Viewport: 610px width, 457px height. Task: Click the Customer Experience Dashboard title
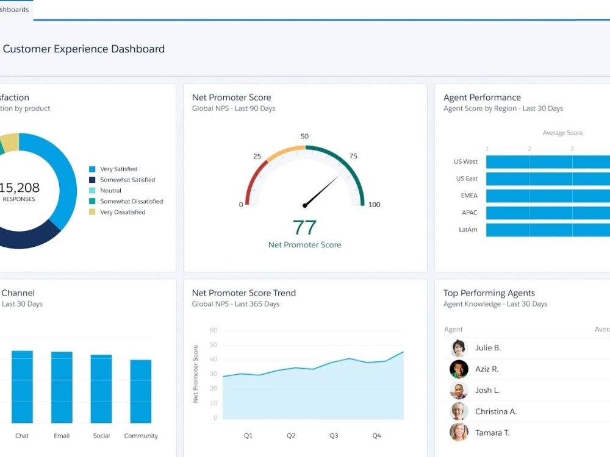click(x=84, y=49)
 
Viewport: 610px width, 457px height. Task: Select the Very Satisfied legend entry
click(x=118, y=169)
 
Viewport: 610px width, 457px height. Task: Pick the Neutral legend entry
click(x=110, y=191)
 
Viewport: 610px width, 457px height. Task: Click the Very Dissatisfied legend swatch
click(x=92, y=212)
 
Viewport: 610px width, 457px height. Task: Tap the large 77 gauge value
click(x=304, y=227)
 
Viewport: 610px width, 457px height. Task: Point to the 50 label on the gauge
click(x=304, y=136)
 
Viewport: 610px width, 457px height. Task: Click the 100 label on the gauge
click(x=374, y=205)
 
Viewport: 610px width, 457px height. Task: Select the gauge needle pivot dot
click(x=304, y=205)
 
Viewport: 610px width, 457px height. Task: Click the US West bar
click(x=547, y=162)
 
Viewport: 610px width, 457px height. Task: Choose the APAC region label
click(x=470, y=213)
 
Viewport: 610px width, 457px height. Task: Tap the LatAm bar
click(x=547, y=230)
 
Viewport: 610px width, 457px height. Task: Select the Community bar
click(x=141, y=391)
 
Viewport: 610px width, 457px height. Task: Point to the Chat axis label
click(x=22, y=436)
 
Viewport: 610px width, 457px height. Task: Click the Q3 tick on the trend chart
click(x=334, y=436)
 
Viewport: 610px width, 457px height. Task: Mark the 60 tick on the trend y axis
click(x=213, y=330)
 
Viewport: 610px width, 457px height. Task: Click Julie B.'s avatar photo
click(x=459, y=348)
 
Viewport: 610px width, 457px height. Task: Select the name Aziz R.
click(x=487, y=369)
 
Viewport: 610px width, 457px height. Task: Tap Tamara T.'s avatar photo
click(x=459, y=433)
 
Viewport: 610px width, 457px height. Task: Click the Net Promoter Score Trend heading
click(x=243, y=293)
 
